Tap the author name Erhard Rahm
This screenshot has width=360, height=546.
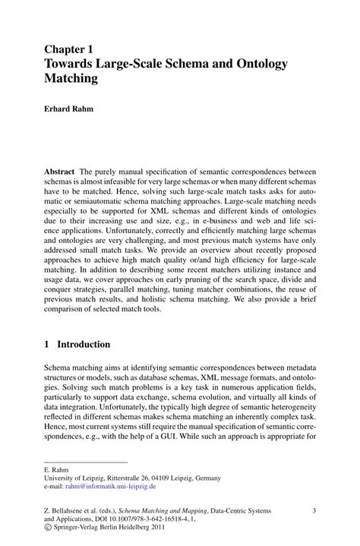click(x=74, y=109)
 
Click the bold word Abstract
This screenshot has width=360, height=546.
click(x=59, y=172)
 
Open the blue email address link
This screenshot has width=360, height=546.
click(x=113, y=487)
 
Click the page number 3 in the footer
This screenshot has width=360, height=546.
click(x=314, y=513)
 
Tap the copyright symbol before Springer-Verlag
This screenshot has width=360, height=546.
click(x=48, y=535)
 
